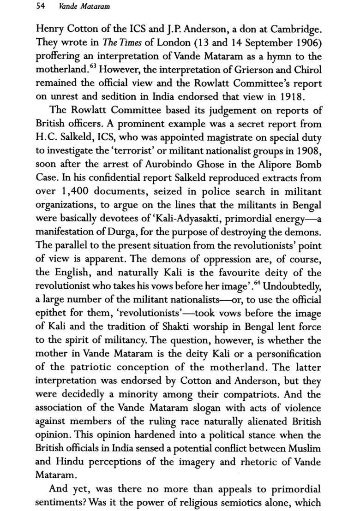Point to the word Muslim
(306, 449)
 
